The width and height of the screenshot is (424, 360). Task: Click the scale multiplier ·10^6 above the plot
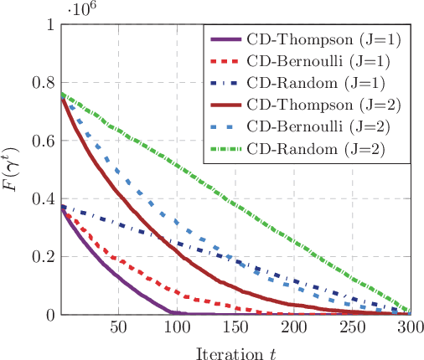(x=78, y=8)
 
